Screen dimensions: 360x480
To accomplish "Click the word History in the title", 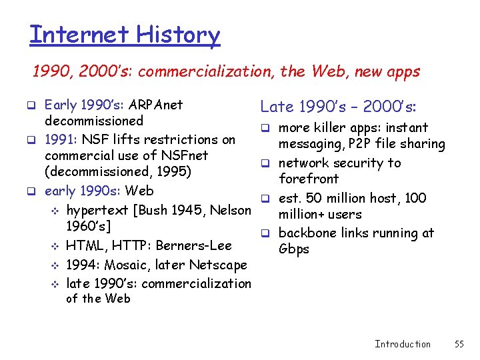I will [177, 34].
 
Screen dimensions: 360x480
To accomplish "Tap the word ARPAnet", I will [155, 105].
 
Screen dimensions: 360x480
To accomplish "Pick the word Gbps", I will [293, 249].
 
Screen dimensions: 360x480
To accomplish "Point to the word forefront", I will [309, 179].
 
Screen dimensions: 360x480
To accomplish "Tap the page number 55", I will [459, 344].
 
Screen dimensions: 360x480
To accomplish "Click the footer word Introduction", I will [403, 344].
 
